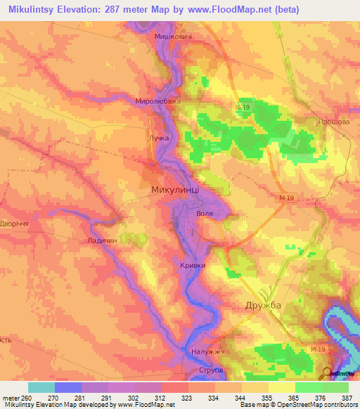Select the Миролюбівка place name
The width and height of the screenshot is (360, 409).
point(158,101)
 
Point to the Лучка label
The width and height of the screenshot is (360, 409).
point(158,138)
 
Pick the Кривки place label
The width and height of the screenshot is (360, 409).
point(193,265)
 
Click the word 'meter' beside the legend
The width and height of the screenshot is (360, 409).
point(10,398)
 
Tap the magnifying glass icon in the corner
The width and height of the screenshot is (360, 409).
point(328,374)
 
